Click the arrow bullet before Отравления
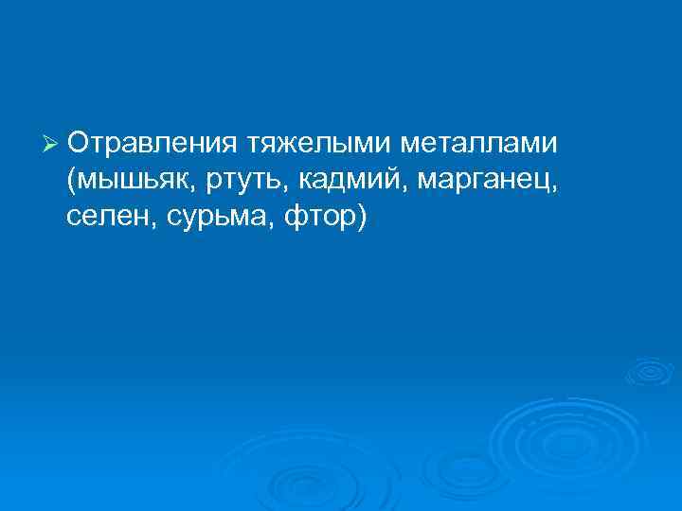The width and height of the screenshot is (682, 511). tap(52, 145)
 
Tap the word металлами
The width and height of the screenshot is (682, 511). tap(480, 143)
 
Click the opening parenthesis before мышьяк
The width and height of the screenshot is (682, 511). tap(72, 181)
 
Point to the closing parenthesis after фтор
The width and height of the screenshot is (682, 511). tap(359, 218)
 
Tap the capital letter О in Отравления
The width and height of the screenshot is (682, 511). tap(79, 143)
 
